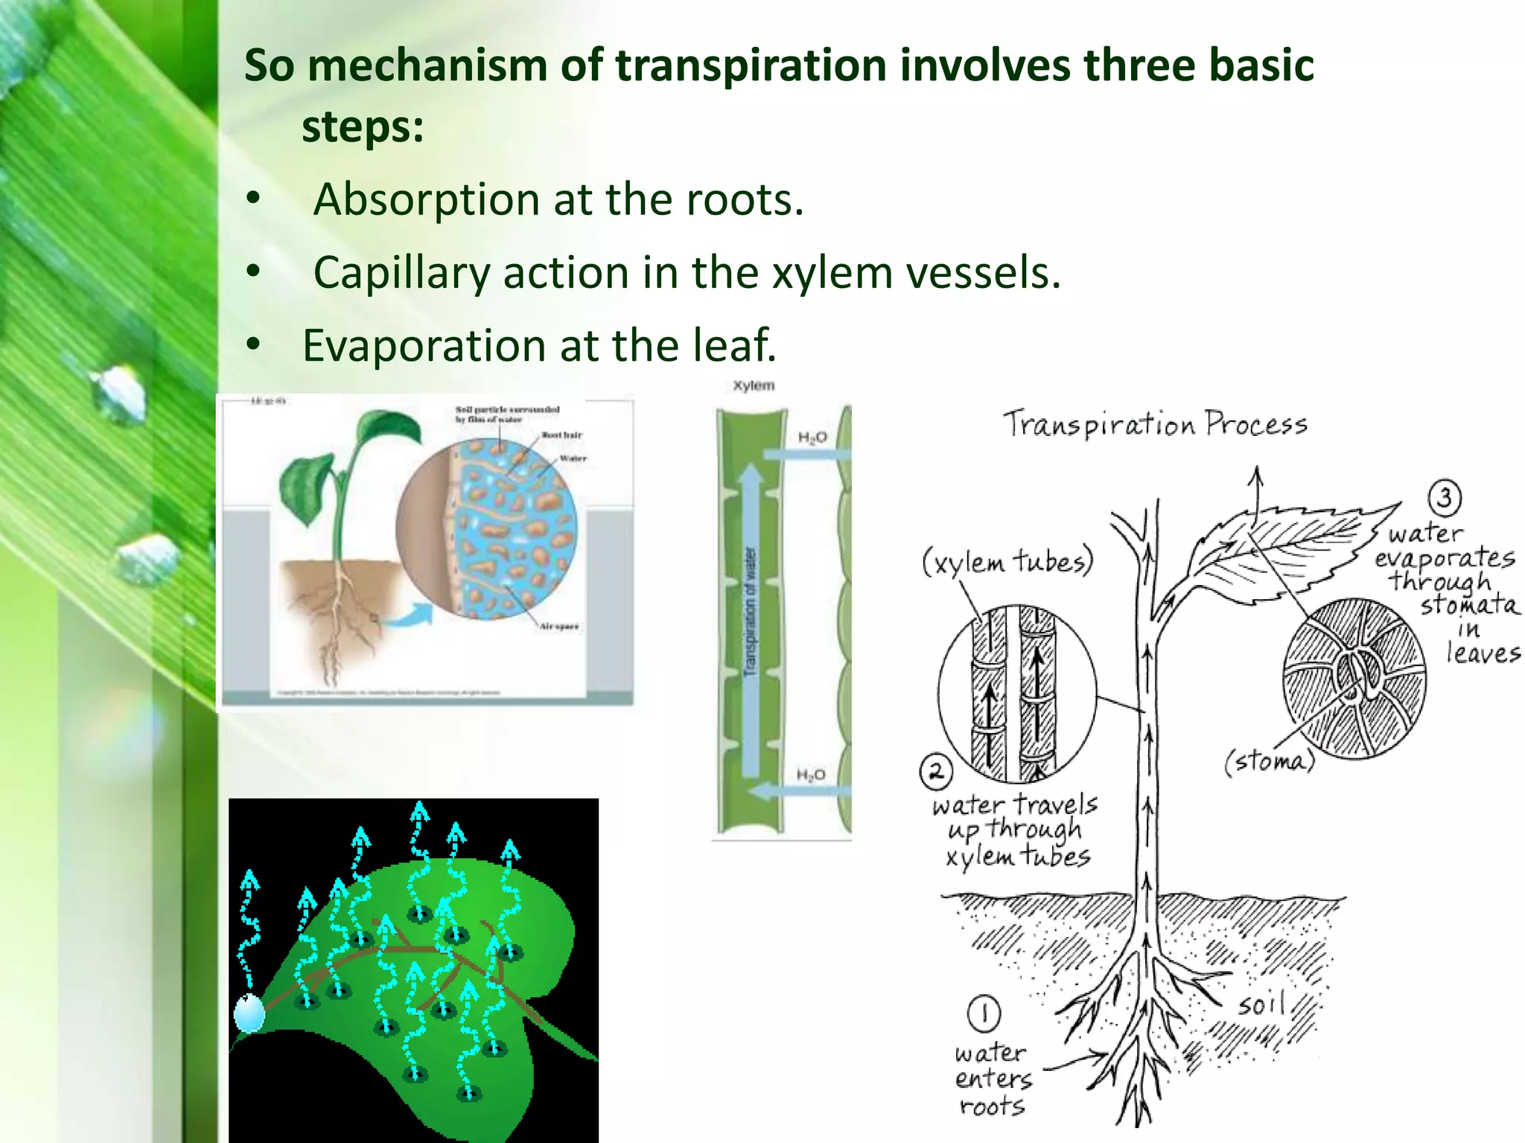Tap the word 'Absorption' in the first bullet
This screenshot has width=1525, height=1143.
click(426, 199)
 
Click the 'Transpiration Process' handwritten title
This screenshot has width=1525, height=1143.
click(1154, 424)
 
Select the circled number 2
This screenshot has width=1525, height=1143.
click(936, 772)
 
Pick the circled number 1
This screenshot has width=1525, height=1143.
click(984, 1013)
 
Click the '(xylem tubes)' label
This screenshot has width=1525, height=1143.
click(1007, 561)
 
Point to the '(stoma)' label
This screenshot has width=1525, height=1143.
click(1270, 761)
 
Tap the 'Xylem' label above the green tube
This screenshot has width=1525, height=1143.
click(754, 385)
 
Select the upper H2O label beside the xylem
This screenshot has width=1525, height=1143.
click(812, 438)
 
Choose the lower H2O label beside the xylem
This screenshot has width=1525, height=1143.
click(811, 775)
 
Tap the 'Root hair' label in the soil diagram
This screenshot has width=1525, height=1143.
click(561, 435)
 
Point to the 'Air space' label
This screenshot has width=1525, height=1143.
click(558, 627)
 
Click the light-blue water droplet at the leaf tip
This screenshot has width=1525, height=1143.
click(249, 1014)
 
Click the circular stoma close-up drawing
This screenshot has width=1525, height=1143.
click(1354, 679)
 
